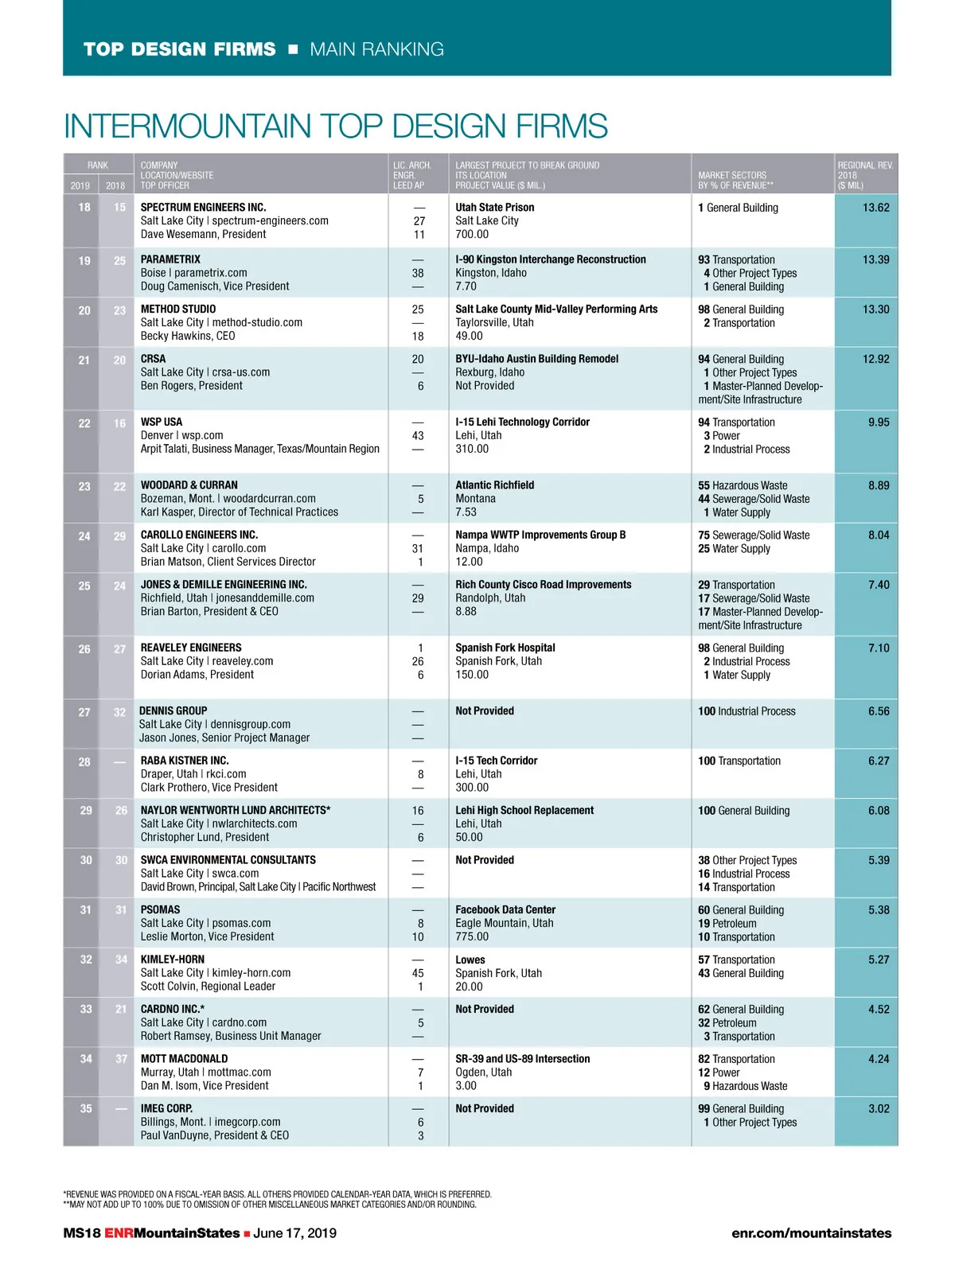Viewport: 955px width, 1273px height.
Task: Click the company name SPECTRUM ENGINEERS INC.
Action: point(203,208)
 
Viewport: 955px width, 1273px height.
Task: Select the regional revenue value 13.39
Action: point(875,259)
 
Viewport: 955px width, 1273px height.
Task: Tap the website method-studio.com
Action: point(257,322)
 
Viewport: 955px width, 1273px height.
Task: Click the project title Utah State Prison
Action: point(494,208)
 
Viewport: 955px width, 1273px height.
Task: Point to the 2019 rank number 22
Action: point(84,423)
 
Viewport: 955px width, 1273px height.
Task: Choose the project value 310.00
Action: point(472,449)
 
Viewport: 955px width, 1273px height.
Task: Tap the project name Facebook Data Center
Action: point(505,909)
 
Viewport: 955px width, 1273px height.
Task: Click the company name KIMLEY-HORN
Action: point(173,960)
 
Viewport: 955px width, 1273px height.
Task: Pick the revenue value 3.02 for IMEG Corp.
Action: point(879,1108)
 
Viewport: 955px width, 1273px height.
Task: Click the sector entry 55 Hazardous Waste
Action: point(743,485)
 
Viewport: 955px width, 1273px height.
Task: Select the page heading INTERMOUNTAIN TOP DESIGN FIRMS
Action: point(335,127)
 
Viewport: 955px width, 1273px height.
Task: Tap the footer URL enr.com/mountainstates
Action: point(811,1233)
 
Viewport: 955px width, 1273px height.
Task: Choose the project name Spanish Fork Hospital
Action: point(505,648)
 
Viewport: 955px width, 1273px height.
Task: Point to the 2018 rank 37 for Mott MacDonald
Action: point(121,1059)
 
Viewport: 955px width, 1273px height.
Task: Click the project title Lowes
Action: point(470,960)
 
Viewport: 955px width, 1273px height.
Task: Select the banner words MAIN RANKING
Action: point(376,49)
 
